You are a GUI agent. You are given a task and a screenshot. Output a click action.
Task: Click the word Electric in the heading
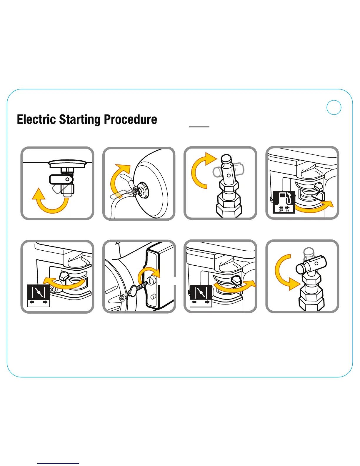(36, 119)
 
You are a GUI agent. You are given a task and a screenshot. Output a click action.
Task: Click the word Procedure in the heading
(130, 119)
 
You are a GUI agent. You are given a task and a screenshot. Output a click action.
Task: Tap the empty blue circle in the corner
(334, 107)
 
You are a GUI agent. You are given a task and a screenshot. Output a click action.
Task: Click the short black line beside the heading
(199, 127)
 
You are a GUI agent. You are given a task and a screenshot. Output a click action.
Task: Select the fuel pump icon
(284, 198)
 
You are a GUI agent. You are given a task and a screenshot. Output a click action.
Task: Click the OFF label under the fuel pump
(281, 210)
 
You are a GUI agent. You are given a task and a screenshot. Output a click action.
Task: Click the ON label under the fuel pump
(288, 210)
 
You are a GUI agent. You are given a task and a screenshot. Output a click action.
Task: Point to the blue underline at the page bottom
(58, 463)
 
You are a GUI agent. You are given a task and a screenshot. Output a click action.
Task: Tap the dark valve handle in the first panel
(61, 179)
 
